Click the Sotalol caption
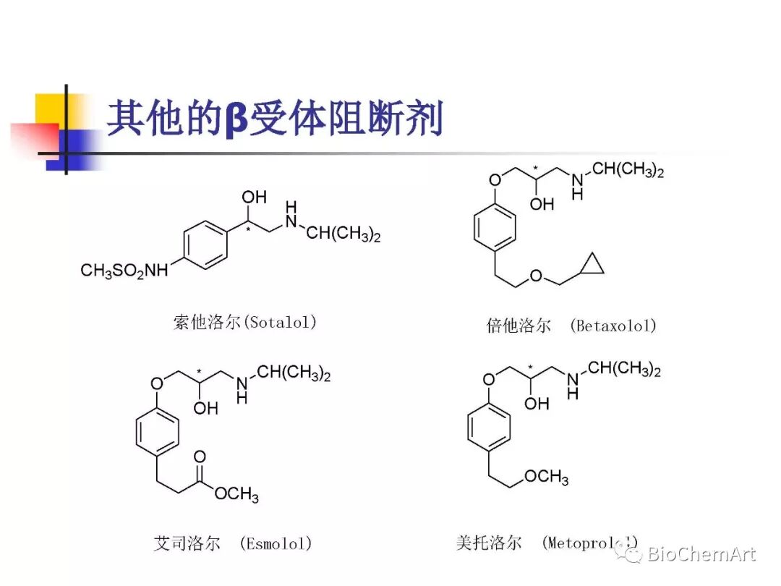point(245,322)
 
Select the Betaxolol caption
point(571,326)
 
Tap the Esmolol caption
point(232,543)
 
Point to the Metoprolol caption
point(547,542)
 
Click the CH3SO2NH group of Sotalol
point(124,271)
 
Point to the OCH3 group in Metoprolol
point(546,477)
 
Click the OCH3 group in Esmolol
point(236,494)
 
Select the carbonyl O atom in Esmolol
point(200,457)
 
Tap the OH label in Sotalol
point(254,197)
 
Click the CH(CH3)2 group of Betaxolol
point(628,171)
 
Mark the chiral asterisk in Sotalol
point(248,230)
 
